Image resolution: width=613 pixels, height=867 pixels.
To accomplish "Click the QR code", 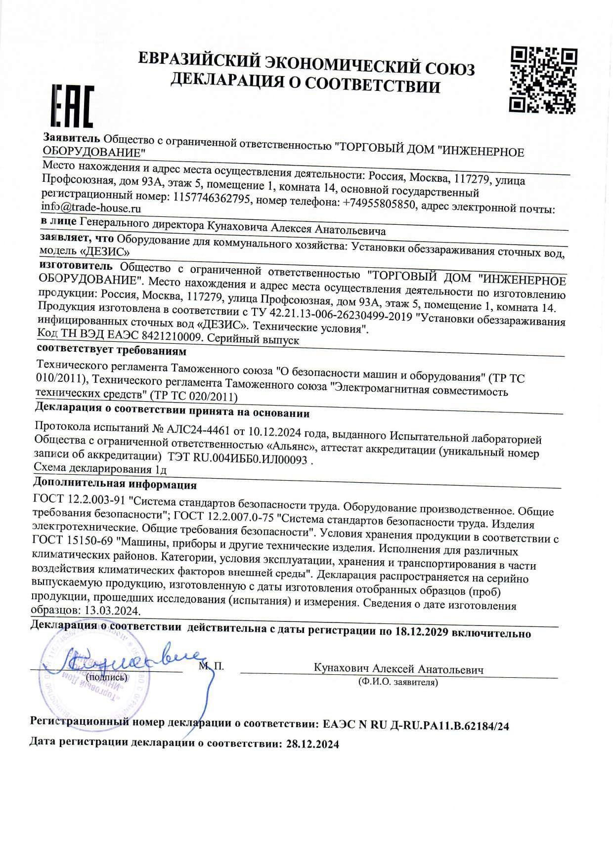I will [x=543, y=80].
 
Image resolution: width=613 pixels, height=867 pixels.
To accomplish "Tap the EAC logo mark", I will [x=73, y=106].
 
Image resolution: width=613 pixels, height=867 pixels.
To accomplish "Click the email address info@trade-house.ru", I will [x=91, y=208].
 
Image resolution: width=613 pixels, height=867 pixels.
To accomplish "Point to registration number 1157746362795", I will [x=213, y=198].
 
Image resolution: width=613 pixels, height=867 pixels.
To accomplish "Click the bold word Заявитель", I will [x=71, y=137].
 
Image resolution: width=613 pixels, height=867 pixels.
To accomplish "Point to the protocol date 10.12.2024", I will [x=274, y=432].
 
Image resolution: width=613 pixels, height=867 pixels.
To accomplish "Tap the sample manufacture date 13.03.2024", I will [x=112, y=610].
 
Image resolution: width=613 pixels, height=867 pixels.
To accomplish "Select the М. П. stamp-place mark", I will [x=211, y=666].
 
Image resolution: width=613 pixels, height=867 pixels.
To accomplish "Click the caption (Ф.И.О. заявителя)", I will [x=398, y=682].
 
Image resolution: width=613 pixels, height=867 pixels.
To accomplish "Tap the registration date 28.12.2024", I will [x=312, y=744].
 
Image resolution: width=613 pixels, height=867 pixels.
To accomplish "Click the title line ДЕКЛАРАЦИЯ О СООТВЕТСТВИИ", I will [x=305, y=83].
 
